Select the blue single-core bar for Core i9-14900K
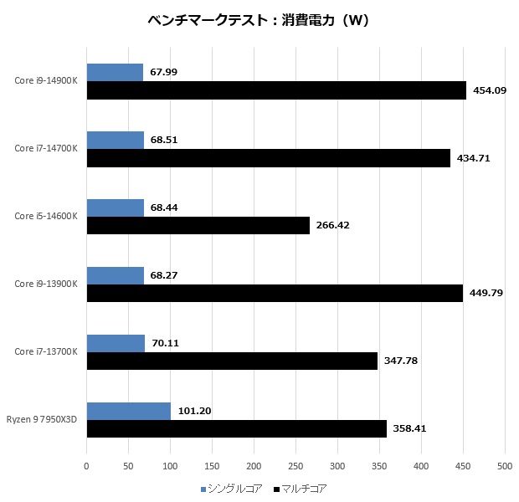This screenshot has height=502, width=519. coord(115,72)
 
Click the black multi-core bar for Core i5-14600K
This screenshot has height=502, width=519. coord(198,225)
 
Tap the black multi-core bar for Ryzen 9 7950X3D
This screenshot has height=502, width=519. coord(237,428)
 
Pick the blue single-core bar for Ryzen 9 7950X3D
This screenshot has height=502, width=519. coord(129,411)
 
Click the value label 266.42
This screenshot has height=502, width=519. coord(333,225)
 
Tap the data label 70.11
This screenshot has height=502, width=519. coord(166,343)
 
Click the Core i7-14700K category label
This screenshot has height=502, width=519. coord(46,149)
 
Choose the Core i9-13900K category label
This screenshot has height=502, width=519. coord(46,284)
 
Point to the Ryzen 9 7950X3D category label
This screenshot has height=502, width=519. coord(42,419)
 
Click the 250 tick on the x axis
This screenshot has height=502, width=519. coord(295,467)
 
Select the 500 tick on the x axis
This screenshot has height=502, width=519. coord(504,467)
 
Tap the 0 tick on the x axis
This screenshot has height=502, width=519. coord(87,467)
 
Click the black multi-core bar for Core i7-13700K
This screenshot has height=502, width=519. coord(232,361)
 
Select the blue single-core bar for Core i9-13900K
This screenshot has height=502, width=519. coord(116,275)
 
